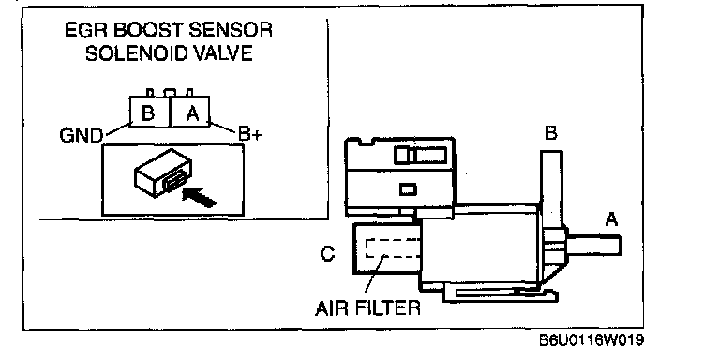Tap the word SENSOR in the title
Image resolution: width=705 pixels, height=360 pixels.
231,30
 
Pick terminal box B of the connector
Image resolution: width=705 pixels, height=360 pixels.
149,112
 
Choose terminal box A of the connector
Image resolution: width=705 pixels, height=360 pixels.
189,112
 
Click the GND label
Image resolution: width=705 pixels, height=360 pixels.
82,135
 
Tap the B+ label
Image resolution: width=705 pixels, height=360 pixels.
250,134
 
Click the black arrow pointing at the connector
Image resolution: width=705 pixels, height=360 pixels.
199,197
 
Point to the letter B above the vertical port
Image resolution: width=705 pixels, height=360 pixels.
551,133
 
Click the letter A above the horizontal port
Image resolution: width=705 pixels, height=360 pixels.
611,219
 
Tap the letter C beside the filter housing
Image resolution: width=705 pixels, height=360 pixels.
327,254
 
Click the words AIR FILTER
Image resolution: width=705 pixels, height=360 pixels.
368,308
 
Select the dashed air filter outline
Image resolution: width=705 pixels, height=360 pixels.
393,248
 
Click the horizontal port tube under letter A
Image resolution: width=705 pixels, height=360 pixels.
594,246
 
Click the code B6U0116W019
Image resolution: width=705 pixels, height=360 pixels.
592,339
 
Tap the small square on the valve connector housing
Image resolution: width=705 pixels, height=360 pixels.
408,189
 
